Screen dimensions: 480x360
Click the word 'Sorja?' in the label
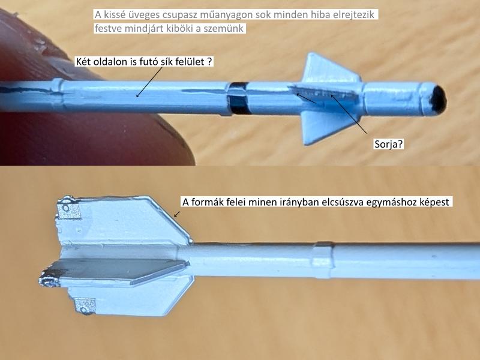pos(388,144)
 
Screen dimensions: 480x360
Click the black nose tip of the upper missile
pos(438,99)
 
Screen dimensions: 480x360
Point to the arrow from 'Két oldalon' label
pos(149,82)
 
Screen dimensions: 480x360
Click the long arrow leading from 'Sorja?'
pos(349,114)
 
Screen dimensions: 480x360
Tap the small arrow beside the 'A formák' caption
pos(176,214)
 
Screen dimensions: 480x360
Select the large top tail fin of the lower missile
pos(122,220)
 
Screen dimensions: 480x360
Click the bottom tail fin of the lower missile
pos(128,298)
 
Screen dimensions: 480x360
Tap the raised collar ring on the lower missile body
pos(322,260)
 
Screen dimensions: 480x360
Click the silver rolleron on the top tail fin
pos(69,208)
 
